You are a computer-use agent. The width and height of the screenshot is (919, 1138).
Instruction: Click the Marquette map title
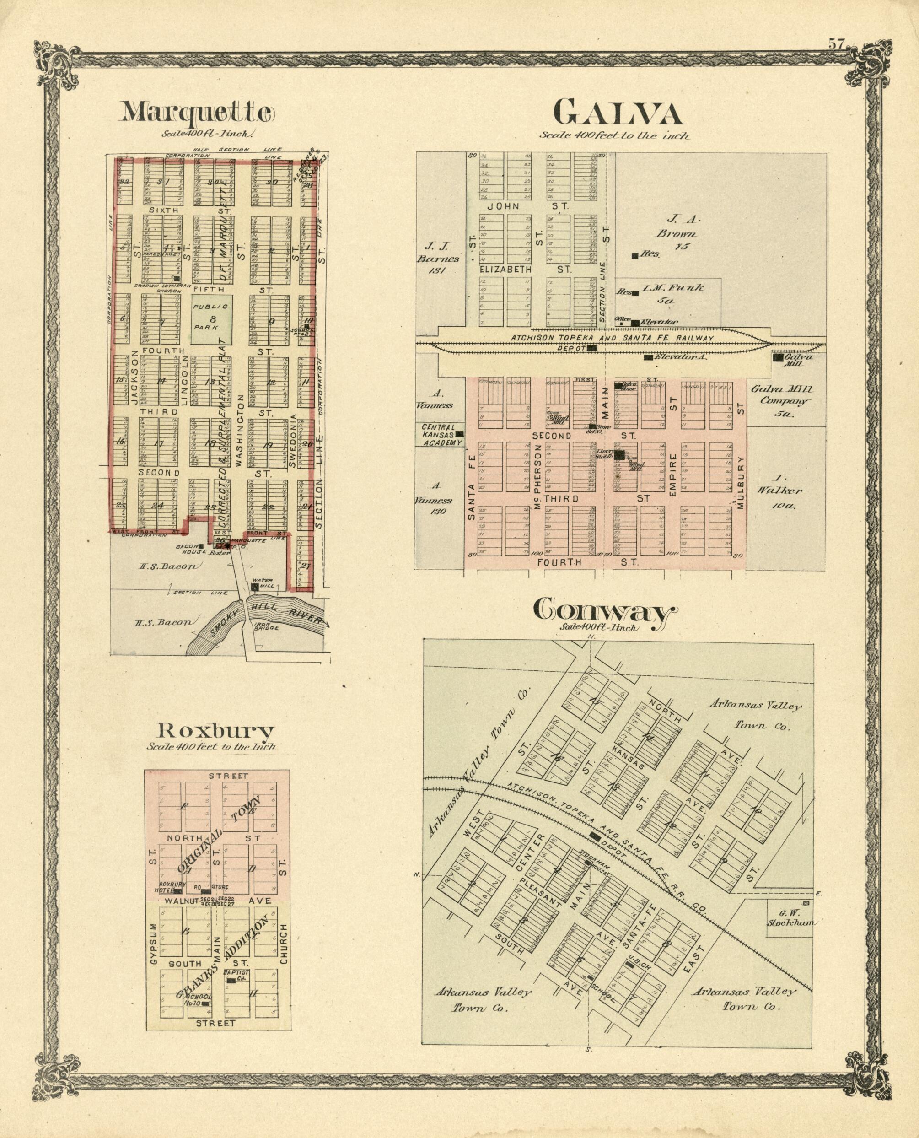[198, 112]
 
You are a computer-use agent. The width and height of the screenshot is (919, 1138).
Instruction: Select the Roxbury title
[216, 732]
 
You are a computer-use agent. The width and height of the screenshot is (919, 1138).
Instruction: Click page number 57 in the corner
[836, 44]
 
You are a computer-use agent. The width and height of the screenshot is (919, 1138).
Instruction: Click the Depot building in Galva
[593, 348]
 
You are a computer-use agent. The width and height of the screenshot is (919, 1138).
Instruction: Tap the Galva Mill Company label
[781, 401]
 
